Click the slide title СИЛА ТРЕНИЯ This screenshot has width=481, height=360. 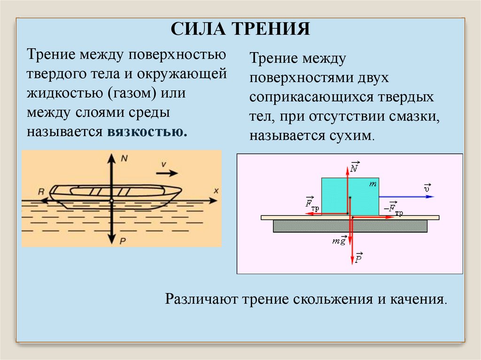coord(240,29)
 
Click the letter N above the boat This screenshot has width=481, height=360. coord(124,158)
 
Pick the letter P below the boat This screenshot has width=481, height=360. coord(123,240)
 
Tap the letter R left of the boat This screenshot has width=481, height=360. coord(41,191)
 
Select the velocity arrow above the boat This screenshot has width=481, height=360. coord(167,173)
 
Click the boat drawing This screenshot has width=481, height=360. coord(116,195)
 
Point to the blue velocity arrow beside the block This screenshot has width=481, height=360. coord(406,197)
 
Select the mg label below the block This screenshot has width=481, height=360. coord(339,241)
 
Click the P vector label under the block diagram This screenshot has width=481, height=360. coord(358,258)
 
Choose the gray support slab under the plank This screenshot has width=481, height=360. coord(350,226)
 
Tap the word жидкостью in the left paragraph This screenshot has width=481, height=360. coord(67,93)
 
